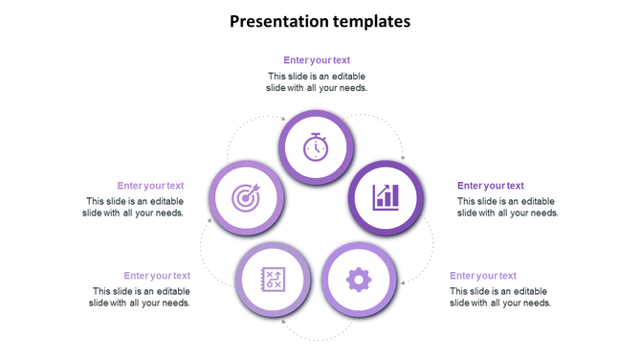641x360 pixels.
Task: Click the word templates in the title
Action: (370, 20)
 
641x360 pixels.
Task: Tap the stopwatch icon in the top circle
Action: (317, 147)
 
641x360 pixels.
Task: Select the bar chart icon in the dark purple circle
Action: (386, 197)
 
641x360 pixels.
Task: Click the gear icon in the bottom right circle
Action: (358, 280)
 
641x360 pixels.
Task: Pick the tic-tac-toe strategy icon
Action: (274, 280)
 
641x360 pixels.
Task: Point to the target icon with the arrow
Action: (246, 198)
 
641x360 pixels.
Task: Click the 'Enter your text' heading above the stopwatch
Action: (317, 60)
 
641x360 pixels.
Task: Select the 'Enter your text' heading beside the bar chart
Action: (490, 186)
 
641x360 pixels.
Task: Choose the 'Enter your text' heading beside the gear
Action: (483, 276)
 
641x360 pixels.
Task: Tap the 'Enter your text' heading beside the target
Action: (150, 186)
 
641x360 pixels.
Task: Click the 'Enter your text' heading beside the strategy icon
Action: (157, 276)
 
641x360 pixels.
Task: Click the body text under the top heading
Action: (317, 81)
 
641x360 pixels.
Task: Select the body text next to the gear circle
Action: (500, 297)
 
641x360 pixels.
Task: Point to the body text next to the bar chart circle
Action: (507, 207)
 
